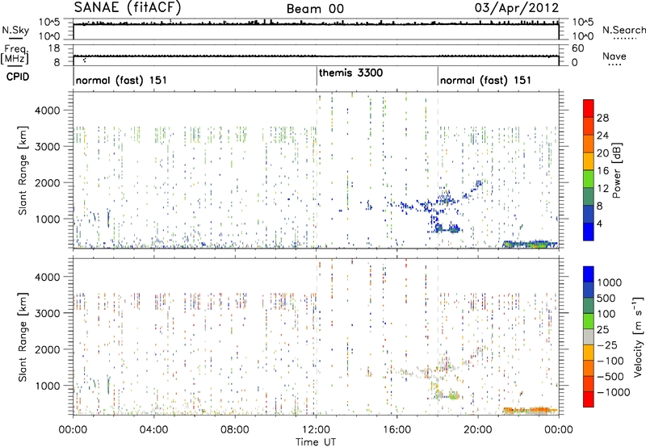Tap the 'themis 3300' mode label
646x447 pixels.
click(x=350, y=73)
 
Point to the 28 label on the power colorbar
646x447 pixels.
click(x=602, y=117)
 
